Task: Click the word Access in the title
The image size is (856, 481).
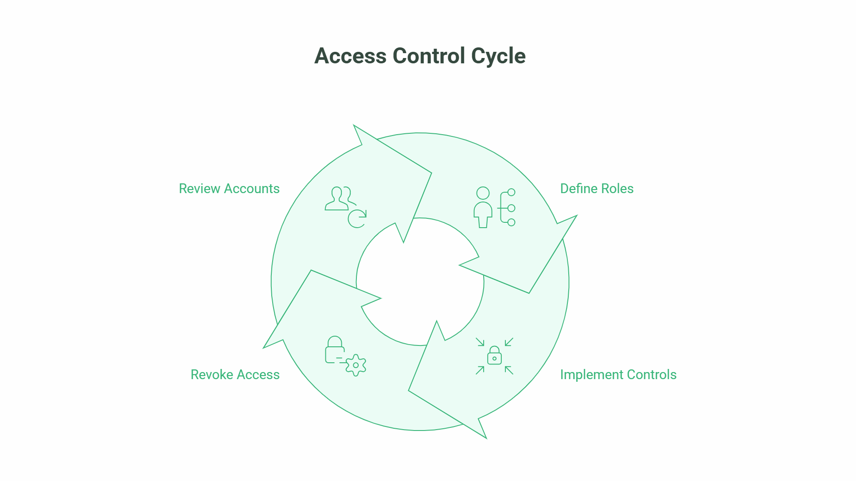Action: [350, 56]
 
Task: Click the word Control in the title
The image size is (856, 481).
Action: [429, 56]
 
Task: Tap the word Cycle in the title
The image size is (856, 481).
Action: [498, 56]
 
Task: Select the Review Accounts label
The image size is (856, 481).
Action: [229, 189]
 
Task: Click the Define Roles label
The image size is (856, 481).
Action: [597, 189]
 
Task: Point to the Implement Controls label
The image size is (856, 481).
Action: [618, 375]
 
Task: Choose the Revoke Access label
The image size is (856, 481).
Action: [235, 375]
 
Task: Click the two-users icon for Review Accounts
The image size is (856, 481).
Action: [339, 198]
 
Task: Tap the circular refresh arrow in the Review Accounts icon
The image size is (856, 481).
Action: [357, 219]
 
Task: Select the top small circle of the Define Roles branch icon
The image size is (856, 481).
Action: [511, 192]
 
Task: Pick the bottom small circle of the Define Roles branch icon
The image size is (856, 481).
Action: [511, 222]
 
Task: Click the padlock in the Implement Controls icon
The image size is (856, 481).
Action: [494, 356]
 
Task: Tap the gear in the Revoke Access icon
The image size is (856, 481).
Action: [356, 365]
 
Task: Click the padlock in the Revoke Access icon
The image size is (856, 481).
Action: [335, 350]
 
